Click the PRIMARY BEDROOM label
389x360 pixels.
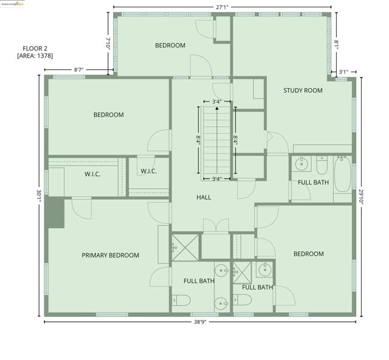point(110,256)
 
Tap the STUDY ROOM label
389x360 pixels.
point(303,90)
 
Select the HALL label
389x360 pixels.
point(204,197)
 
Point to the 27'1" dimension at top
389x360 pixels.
point(222,7)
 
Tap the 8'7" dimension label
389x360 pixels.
point(78,70)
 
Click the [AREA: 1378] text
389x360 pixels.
point(35,56)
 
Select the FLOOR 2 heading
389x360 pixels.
point(35,48)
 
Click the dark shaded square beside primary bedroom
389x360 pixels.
point(56,212)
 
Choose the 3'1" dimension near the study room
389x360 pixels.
point(343,72)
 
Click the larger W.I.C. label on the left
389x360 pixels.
point(92,174)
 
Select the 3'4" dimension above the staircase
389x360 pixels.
point(216,102)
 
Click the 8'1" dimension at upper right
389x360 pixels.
point(336,44)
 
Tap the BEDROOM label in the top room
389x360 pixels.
point(170,46)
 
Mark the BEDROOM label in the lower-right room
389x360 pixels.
point(309,254)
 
